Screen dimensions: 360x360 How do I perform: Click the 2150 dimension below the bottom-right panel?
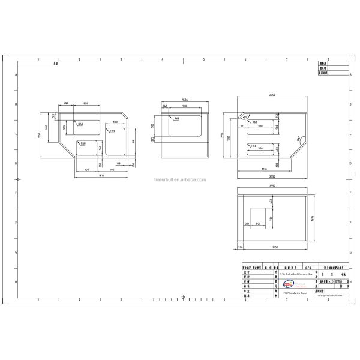click(x=274, y=247)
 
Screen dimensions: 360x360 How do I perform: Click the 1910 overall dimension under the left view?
click(x=102, y=175)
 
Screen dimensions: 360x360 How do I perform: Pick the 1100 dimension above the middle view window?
click(x=185, y=106)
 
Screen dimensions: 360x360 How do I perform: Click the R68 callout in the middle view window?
click(x=178, y=119)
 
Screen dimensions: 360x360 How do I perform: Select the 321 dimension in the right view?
click(x=242, y=127)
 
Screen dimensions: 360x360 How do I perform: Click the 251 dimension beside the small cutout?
click(x=247, y=223)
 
